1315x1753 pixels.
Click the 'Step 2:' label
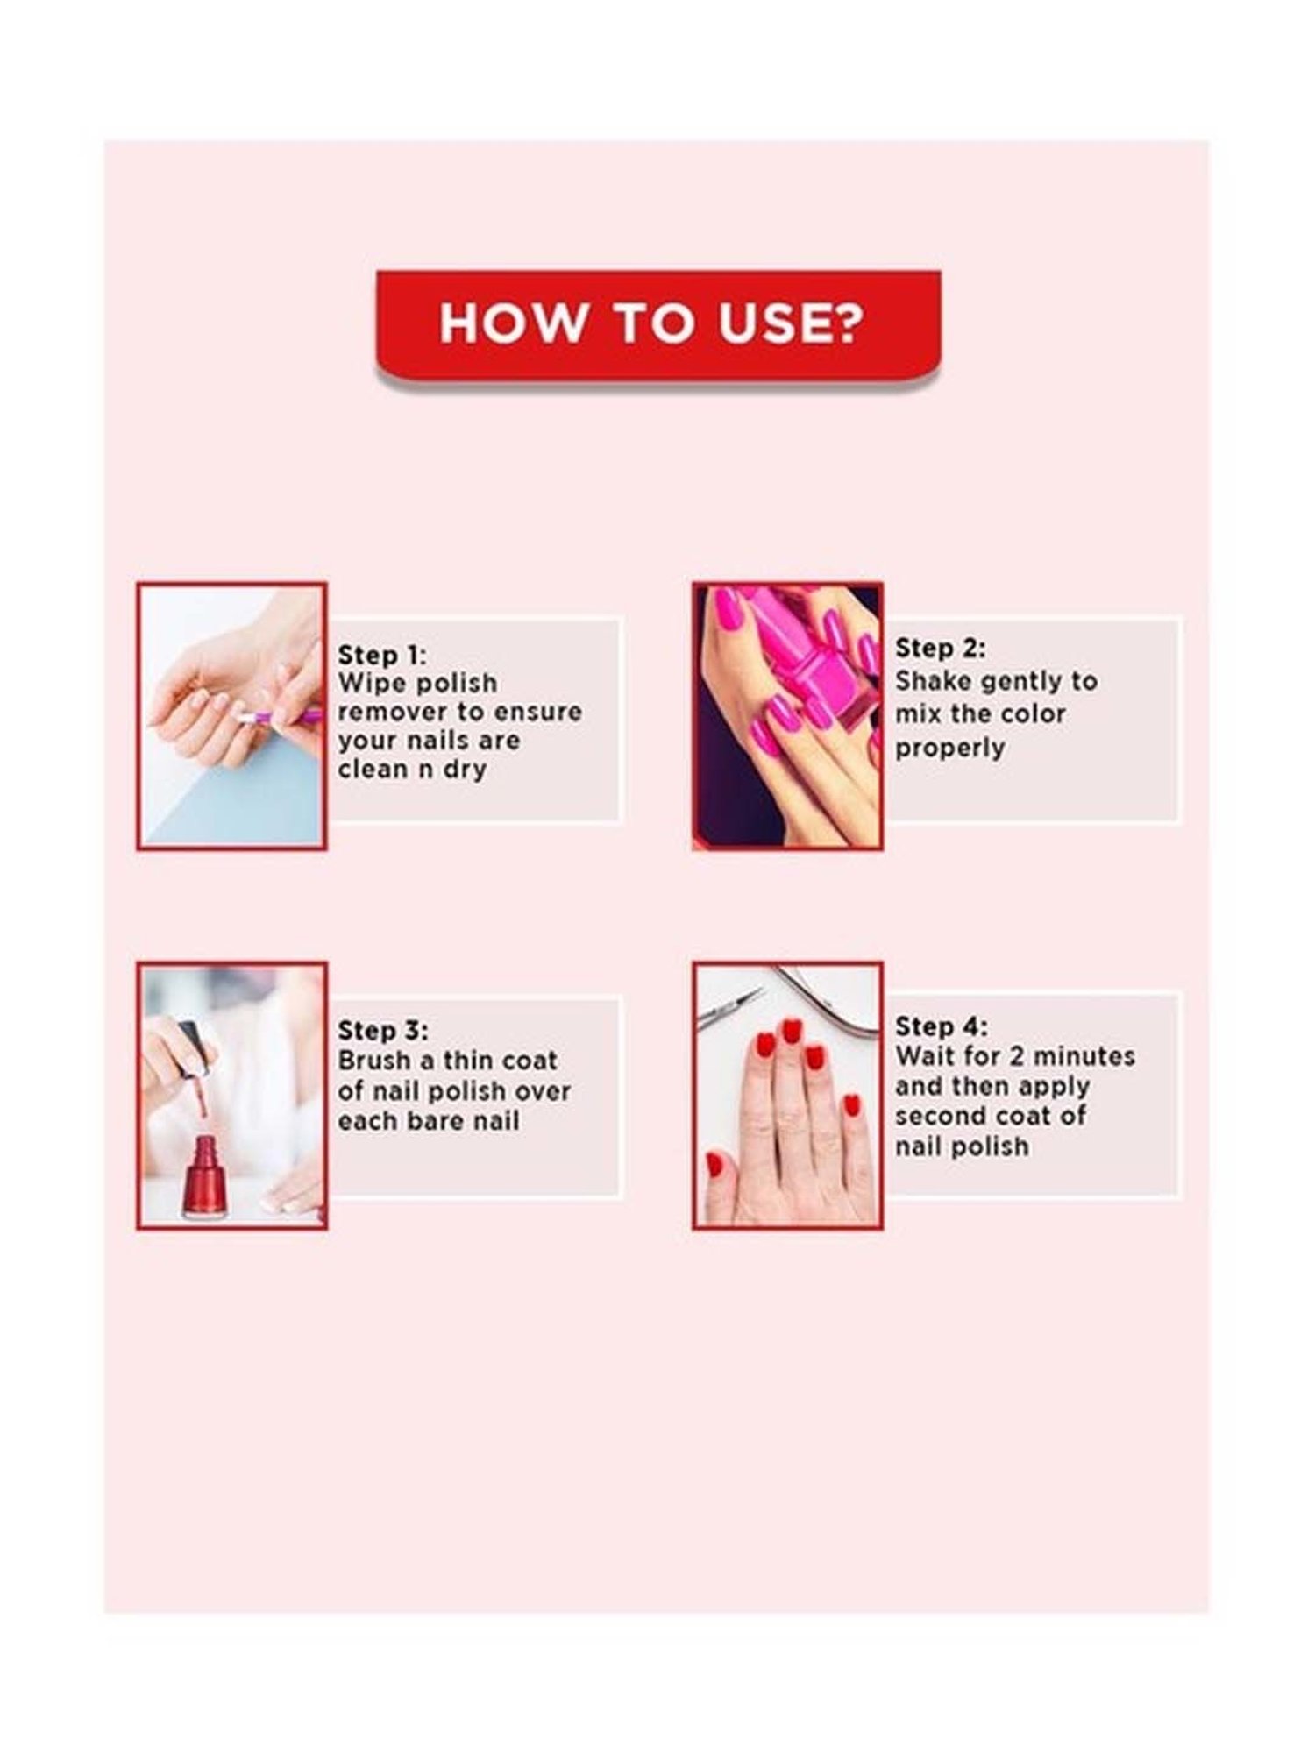point(940,648)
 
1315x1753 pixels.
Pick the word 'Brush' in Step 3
point(374,1061)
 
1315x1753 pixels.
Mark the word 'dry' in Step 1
point(464,770)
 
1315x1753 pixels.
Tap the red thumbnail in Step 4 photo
point(714,1165)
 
